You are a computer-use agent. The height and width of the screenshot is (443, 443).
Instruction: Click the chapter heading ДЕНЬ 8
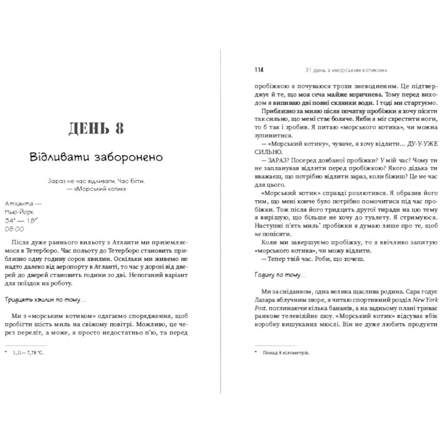(96, 128)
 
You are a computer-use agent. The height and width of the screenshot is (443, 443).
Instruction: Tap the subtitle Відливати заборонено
(96, 157)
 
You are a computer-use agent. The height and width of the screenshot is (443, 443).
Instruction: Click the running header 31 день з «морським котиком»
(346, 70)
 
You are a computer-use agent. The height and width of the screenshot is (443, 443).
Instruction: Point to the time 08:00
(15, 229)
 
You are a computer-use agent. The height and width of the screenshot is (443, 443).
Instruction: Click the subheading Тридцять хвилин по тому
(46, 299)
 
